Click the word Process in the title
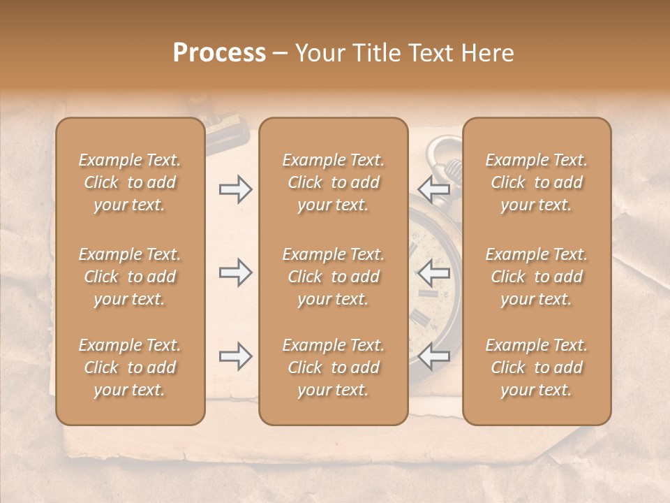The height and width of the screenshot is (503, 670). coord(219,53)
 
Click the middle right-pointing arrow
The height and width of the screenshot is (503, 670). coord(236,272)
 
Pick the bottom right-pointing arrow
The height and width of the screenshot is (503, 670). coord(236,356)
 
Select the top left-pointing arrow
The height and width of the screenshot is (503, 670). coord(434,189)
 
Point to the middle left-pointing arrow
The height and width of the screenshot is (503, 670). coord(434,272)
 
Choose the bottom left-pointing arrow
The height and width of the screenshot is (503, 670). coord(434,356)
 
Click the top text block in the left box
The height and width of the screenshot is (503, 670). coord(130,182)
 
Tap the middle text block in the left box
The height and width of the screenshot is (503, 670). coord(130,277)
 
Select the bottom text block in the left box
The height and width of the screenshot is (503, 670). coord(130,367)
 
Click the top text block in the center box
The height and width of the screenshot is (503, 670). coord(334,182)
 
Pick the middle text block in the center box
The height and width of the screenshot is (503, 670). coord(334,277)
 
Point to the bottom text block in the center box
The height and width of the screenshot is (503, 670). coord(334,367)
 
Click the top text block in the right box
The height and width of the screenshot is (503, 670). coord(537,182)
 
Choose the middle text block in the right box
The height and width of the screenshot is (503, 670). coord(537,277)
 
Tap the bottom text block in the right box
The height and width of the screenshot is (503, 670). coord(537,367)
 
